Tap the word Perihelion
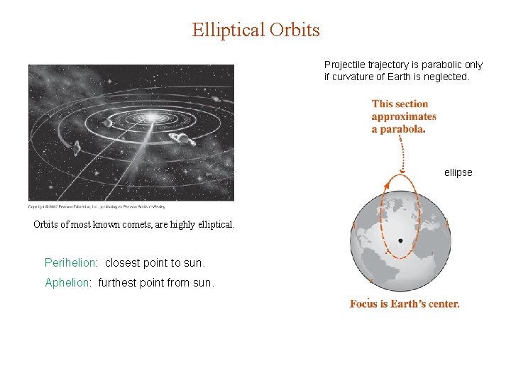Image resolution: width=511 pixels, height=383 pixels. [70, 262]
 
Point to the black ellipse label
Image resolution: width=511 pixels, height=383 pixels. [458, 172]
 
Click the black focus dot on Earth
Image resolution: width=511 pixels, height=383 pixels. [401, 240]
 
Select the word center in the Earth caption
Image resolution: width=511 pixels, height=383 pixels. [441, 304]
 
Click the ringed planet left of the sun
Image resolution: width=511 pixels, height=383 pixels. [75, 147]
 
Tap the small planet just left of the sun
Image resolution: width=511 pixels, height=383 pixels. [108, 122]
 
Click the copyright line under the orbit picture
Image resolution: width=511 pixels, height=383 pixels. [97, 206]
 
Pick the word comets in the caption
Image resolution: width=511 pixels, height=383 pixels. [142, 225]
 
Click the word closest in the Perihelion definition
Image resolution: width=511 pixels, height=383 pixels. [123, 262]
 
